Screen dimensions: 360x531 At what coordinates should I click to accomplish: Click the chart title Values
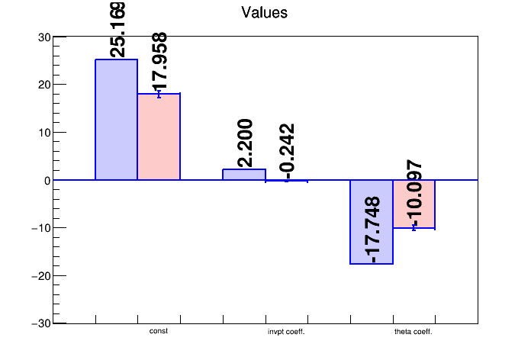[264, 12]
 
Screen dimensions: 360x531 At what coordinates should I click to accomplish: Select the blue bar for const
[116, 120]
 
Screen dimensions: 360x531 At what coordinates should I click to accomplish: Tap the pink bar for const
[159, 137]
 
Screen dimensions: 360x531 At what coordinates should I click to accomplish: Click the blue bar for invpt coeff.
[244, 175]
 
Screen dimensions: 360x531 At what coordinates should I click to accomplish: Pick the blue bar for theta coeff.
[372, 222]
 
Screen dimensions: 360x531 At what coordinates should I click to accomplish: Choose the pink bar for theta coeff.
[414, 204]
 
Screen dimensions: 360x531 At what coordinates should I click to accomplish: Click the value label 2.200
[245, 143]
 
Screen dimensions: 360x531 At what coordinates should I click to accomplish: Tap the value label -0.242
[287, 150]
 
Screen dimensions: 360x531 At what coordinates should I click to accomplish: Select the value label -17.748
[372, 230]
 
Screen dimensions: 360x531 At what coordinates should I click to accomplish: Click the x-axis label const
[159, 331]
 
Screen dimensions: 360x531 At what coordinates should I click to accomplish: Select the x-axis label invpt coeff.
[286, 332]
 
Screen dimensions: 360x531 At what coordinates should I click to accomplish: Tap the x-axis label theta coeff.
[414, 332]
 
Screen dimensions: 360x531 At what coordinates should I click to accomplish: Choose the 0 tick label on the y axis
[47, 180]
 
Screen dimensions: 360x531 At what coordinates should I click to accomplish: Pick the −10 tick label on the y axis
[40, 228]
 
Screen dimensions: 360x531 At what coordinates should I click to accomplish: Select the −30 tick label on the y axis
[40, 323]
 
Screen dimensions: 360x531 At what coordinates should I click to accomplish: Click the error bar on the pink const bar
[159, 94]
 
